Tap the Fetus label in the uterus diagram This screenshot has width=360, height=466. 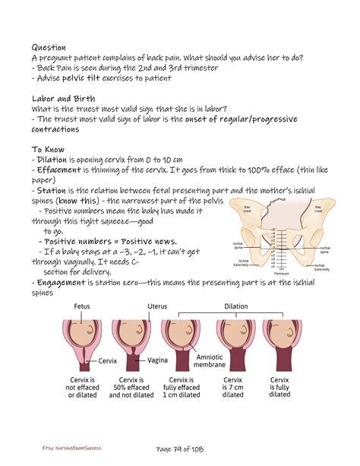84,306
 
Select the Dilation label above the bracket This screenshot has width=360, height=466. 235,306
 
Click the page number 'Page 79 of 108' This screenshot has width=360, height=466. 179,449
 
